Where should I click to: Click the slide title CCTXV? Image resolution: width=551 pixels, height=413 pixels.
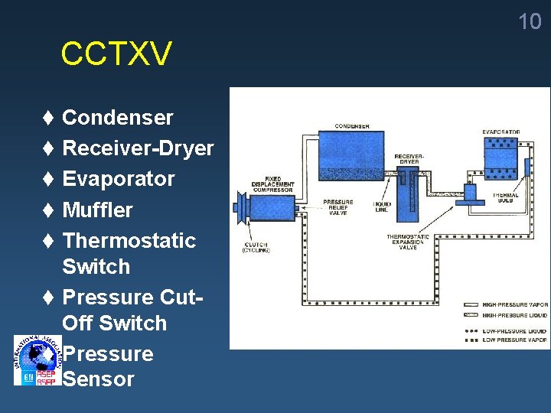pos(116,54)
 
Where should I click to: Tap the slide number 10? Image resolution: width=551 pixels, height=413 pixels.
pos(530,21)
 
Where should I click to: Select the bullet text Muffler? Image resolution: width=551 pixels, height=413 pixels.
pos(97,210)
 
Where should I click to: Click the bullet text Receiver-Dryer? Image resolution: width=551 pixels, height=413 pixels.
pos(138,148)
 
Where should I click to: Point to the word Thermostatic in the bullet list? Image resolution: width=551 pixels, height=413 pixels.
pos(129,240)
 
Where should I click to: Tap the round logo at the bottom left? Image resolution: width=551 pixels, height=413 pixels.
pos(36,359)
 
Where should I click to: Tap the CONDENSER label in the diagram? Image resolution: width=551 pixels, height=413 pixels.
pos(352,125)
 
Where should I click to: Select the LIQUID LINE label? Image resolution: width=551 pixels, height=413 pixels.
pos(381,206)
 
